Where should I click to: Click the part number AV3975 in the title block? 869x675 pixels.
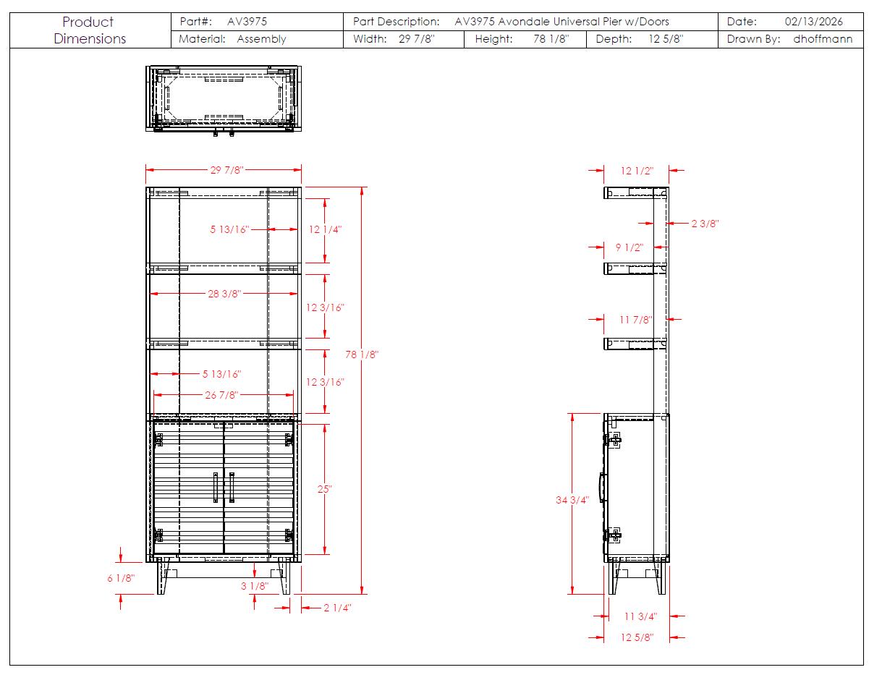[x=247, y=22]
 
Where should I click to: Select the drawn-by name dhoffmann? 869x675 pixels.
[x=822, y=39]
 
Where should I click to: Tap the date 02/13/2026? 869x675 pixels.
[x=813, y=22]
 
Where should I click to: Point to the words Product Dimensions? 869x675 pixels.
[x=90, y=30]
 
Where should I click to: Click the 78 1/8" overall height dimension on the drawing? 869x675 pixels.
[x=362, y=355]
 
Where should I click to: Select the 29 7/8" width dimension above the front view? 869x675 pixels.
[x=226, y=170]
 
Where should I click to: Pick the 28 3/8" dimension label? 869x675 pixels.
[x=224, y=294]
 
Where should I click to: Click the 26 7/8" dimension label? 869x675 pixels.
[x=221, y=395]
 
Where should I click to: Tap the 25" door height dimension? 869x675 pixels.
[x=324, y=488]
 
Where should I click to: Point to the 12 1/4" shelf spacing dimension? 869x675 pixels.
[x=325, y=229]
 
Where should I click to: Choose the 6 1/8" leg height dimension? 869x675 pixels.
[x=121, y=578]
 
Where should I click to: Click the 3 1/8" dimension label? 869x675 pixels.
[x=255, y=586]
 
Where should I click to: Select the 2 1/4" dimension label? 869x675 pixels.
[x=337, y=608]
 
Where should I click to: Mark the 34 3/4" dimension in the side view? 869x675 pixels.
[x=572, y=500]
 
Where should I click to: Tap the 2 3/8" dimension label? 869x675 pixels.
[x=705, y=224]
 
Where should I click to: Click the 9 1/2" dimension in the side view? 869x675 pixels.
[x=630, y=247]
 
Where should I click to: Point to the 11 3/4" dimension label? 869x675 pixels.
[x=640, y=616]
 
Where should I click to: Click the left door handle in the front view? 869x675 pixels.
[x=216, y=488]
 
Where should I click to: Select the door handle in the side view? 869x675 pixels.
[x=601, y=488]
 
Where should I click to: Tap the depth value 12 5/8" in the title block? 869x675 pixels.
[x=666, y=39]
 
